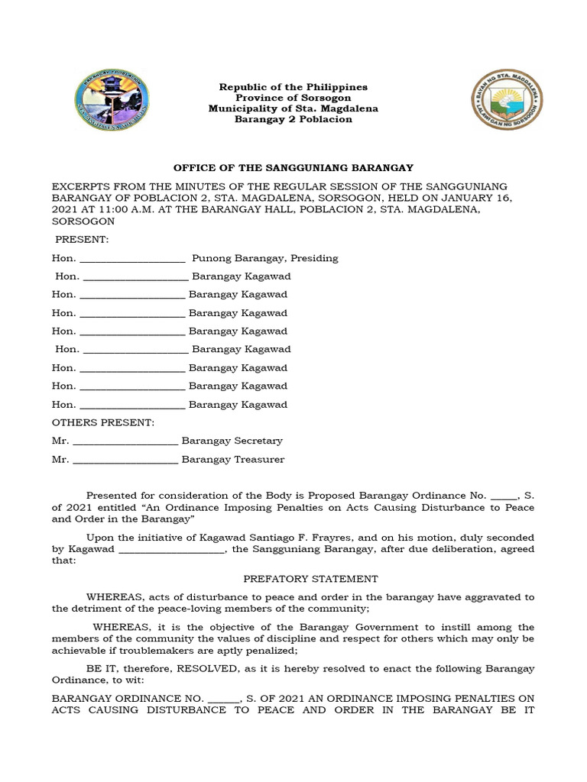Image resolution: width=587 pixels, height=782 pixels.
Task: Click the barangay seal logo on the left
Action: pyautogui.click(x=112, y=103)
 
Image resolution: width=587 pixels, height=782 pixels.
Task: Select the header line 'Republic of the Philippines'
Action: pyautogui.click(x=293, y=88)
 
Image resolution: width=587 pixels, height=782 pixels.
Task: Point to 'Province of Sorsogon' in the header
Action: pyautogui.click(x=293, y=99)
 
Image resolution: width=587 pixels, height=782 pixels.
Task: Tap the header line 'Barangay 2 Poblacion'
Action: pyautogui.click(x=293, y=120)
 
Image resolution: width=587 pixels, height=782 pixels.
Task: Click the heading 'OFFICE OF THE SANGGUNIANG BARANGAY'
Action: pyautogui.click(x=293, y=168)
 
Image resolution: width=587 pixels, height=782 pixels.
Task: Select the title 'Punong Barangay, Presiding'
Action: pyautogui.click(x=264, y=258)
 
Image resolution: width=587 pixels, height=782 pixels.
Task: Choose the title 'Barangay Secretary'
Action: pyautogui.click(x=232, y=441)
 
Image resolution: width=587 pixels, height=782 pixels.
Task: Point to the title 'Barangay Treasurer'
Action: pyautogui.click(x=232, y=459)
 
